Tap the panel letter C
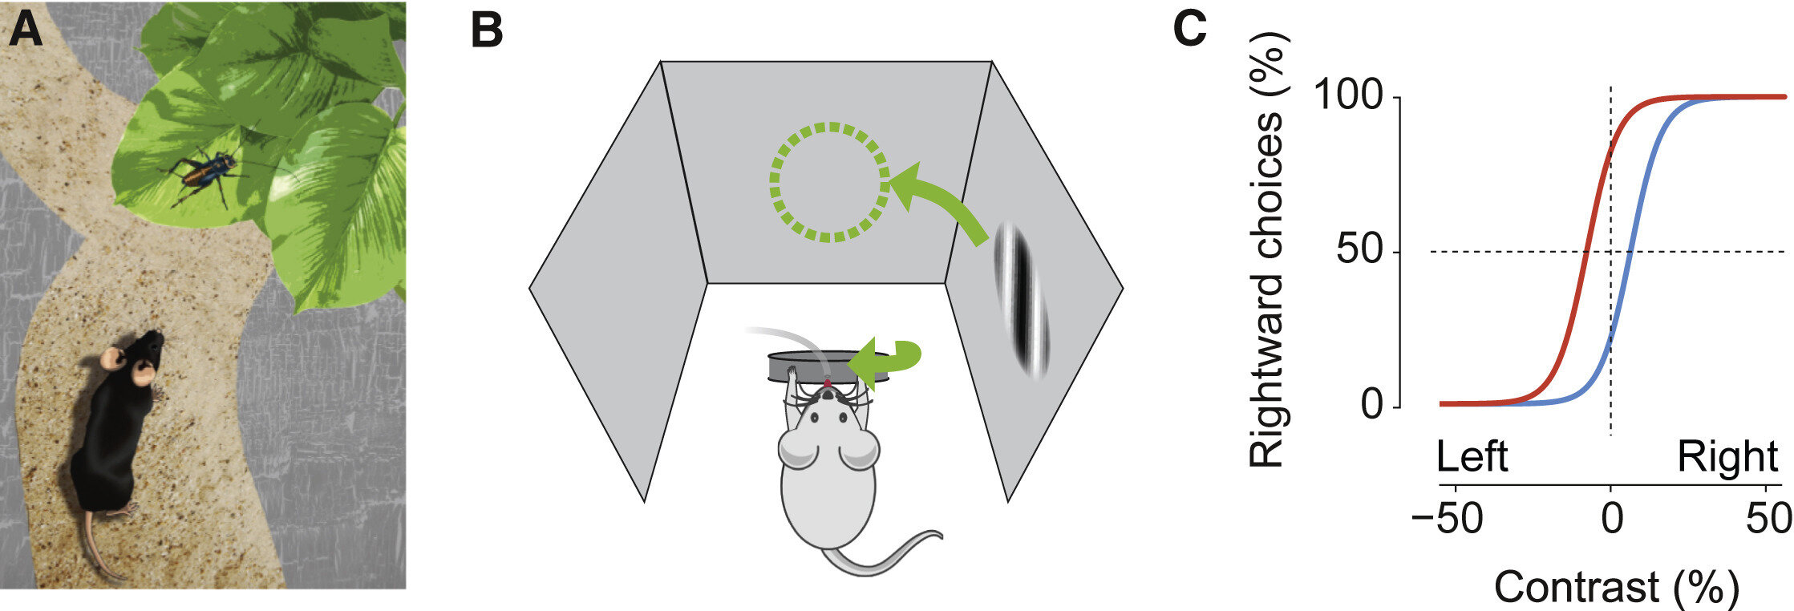coord(1189,30)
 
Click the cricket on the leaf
coord(202,175)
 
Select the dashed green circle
coord(829,182)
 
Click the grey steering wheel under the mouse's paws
coord(810,369)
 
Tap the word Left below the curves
coord(1472,457)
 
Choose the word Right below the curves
coord(1727,457)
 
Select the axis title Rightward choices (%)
coord(1267,249)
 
